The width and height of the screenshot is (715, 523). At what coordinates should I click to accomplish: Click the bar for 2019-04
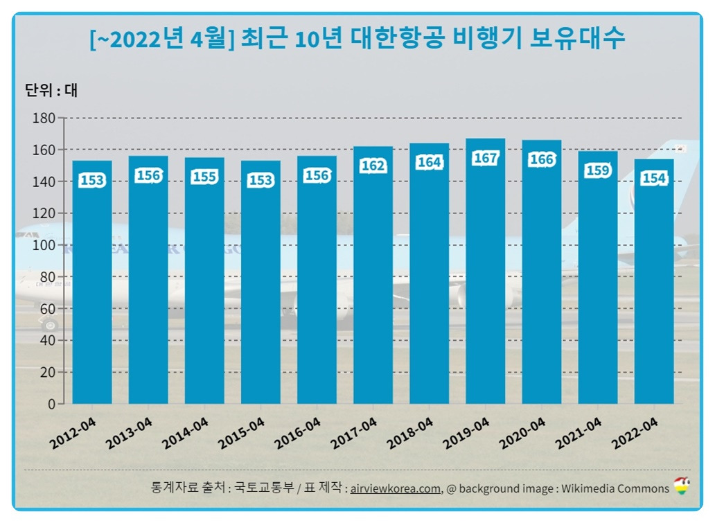click(485, 277)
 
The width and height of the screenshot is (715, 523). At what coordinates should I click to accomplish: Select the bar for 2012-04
click(92, 284)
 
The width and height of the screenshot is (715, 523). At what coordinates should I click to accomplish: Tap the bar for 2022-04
click(654, 284)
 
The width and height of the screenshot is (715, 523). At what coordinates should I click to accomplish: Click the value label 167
click(485, 158)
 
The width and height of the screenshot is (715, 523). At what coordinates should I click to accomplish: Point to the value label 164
click(429, 162)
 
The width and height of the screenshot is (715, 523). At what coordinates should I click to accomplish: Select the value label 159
click(597, 170)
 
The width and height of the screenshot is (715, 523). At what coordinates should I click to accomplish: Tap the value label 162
click(373, 166)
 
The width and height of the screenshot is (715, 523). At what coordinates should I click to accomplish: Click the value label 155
click(204, 177)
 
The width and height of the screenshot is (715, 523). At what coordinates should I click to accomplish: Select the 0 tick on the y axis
click(51, 404)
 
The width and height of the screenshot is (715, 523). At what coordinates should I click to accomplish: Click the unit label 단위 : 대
click(51, 90)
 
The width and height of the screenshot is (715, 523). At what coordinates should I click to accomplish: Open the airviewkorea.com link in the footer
click(396, 488)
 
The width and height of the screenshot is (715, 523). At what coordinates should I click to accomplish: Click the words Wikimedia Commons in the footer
click(615, 488)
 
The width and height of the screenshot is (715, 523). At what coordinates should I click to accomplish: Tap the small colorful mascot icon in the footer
click(682, 486)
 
